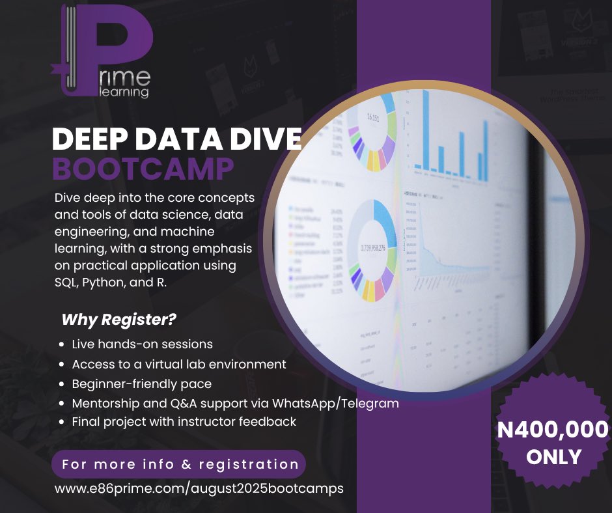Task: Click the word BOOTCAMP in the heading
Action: (143, 168)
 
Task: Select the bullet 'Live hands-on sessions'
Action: (142, 344)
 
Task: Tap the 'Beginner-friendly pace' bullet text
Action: (141, 383)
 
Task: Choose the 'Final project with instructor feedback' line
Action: (184, 422)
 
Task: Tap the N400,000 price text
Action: (553, 430)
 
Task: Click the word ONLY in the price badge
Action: (553, 456)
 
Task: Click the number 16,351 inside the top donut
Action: (372, 118)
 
